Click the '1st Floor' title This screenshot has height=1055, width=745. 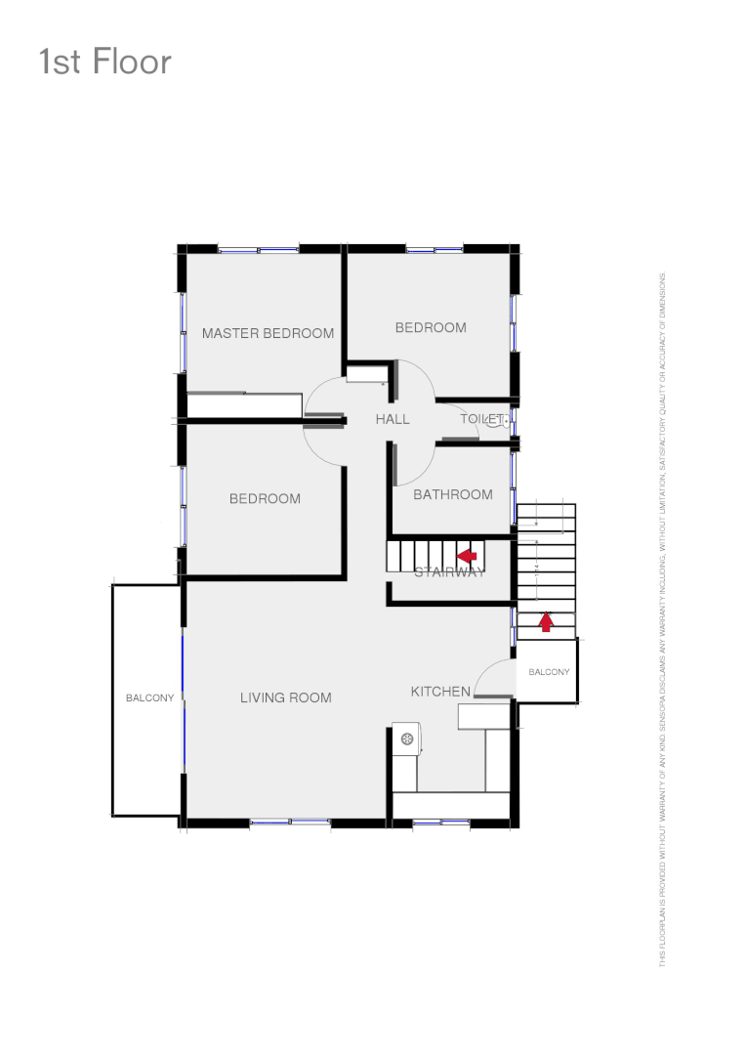tap(105, 63)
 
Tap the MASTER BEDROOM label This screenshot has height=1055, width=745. tap(268, 333)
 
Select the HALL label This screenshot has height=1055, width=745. tap(393, 419)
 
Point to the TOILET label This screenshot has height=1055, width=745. tap(481, 419)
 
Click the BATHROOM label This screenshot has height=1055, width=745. tap(452, 494)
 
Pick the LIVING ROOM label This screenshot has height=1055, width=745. tap(286, 697)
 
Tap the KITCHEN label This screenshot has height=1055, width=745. tap(440, 692)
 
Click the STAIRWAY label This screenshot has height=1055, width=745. tap(449, 572)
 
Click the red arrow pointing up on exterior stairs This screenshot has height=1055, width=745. tap(546, 621)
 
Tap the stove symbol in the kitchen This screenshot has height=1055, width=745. tap(407, 738)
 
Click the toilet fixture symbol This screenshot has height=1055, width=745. tap(504, 420)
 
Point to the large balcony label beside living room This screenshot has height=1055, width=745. tap(149, 698)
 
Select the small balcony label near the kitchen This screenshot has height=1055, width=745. tap(549, 672)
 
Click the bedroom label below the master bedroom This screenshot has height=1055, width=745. tap(265, 499)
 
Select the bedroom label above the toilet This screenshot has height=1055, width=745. tap(431, 327)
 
